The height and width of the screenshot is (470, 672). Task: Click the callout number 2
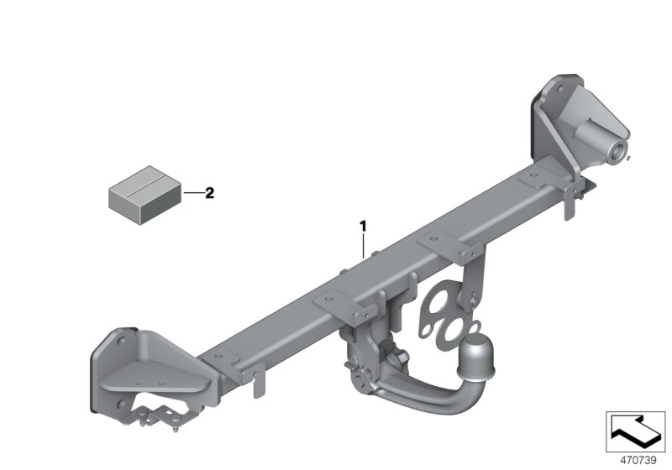pos(209,193)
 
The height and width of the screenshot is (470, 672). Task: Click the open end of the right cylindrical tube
pos(618,151)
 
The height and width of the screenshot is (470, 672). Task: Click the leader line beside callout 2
pos(192,194)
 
